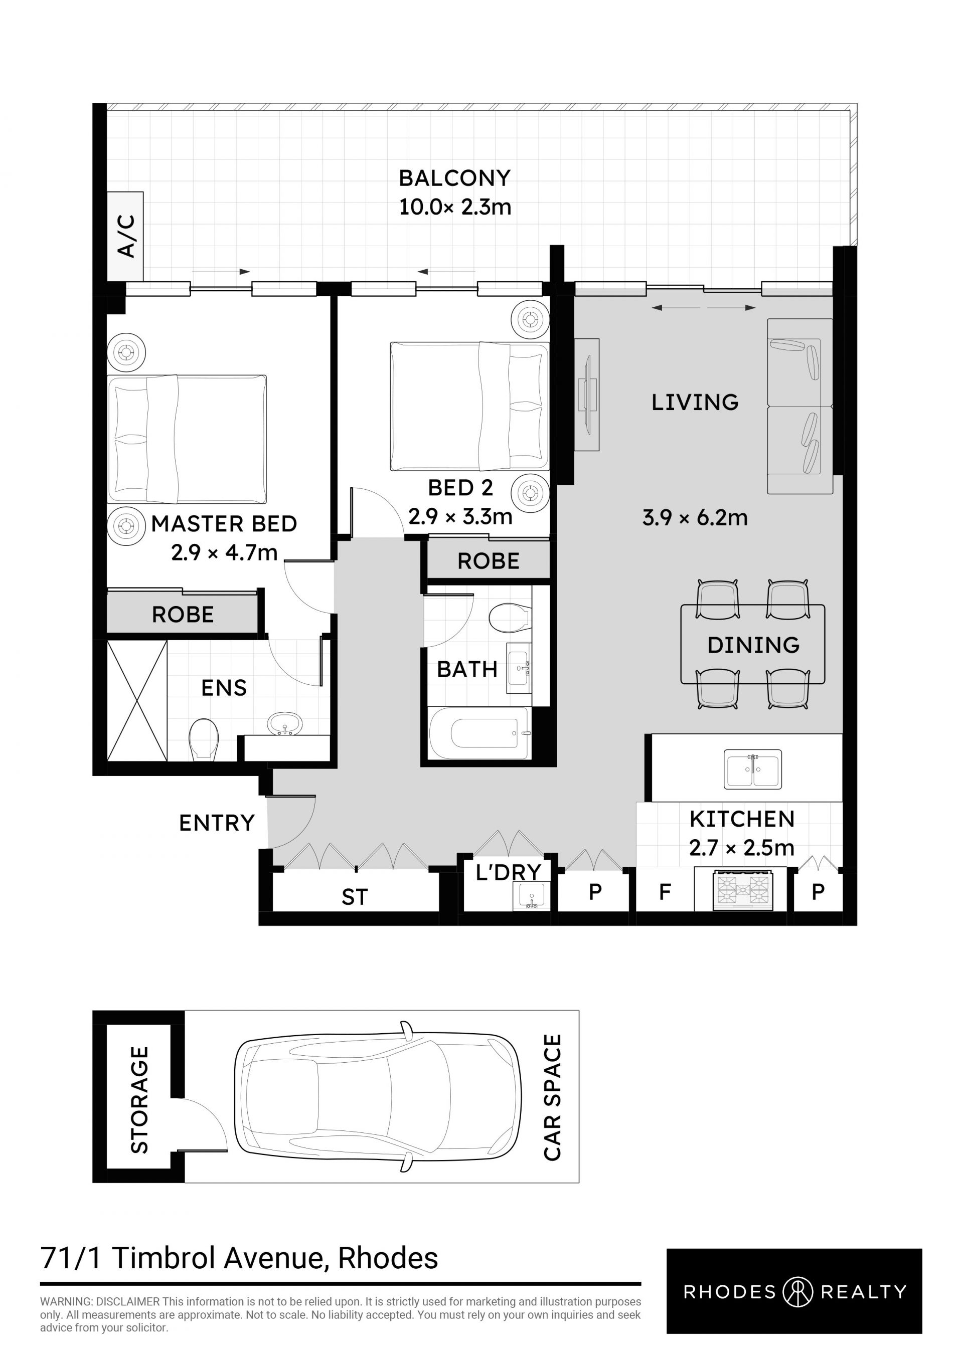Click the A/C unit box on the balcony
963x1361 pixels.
pos(125,237)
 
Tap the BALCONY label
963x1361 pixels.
pos(455,178)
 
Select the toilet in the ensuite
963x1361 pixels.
pos(204,739)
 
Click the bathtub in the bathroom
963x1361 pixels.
pos(478,733)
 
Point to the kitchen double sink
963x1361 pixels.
pos(752,769)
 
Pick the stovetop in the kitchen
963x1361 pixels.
pos(743,889)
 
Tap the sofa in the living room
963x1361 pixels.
pos(800,406)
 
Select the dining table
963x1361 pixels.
pos(752,644)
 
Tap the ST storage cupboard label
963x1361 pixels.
pos(355,897)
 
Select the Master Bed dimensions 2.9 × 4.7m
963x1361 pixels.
pos(224,553)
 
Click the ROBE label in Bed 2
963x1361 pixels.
pos(488,561)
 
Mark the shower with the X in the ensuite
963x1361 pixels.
pos(137,700)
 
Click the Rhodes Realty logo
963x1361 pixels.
pos(794,1291)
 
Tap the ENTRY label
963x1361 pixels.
pos(217,823)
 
